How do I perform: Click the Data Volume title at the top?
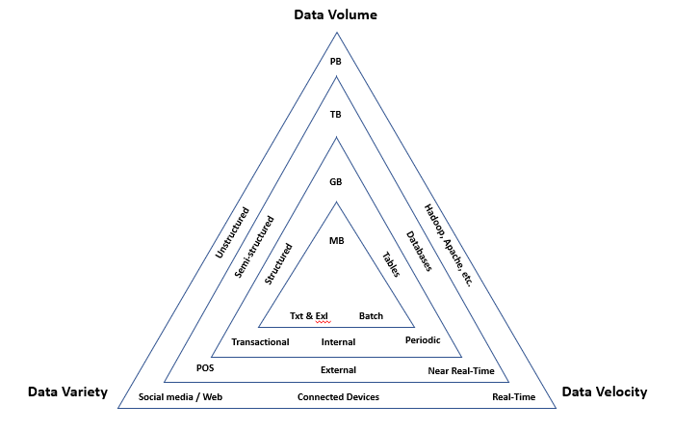click(x=335, y=15)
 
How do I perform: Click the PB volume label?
click(x=335, y=62)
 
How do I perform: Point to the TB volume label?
click(x=335, y=114)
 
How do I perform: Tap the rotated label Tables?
click(x=391, y=266)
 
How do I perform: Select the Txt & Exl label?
click(x=309, y=316)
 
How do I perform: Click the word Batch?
click(x=371, y=316)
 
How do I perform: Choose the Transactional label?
click(x=261, y=342)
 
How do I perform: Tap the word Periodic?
click(x=423, y=341)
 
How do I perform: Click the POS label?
click(x=205, y=368)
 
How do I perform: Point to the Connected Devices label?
click(x=338, y=397)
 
